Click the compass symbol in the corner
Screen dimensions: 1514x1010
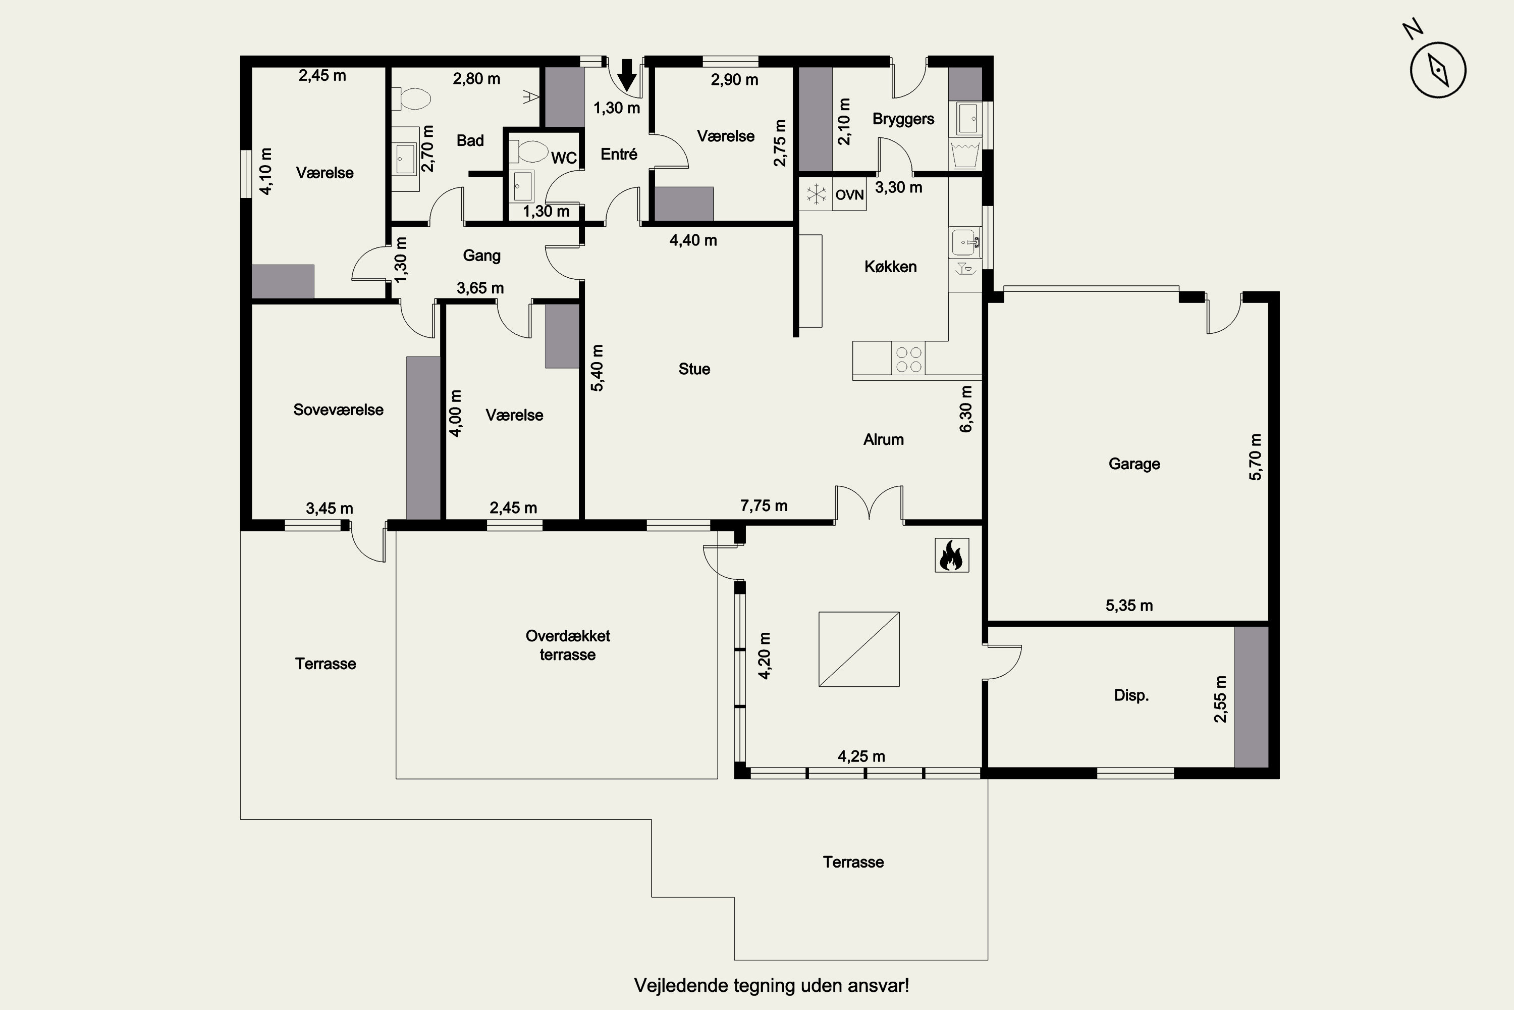(x=1437, y=70)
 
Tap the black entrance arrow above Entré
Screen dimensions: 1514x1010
(x=626, y=75)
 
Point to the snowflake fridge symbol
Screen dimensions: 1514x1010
(x=816, y=194)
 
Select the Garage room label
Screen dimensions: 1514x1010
(x=1133, y=464)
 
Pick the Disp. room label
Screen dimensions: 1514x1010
(x=1131, y=696)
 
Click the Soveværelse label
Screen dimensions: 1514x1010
(x=338, y=410)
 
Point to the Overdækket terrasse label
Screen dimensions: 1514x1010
(x=568, y=645)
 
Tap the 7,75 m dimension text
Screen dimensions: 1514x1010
(x=764, y=506)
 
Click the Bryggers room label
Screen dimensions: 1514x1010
(x=903, y=119)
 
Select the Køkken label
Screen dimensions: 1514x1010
(x=890, y=267)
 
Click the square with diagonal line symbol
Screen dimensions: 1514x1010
(x=859, y=649)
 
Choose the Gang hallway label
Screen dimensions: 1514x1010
(x=481, y=256)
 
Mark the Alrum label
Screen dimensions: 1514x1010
(x=883, y=439)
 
